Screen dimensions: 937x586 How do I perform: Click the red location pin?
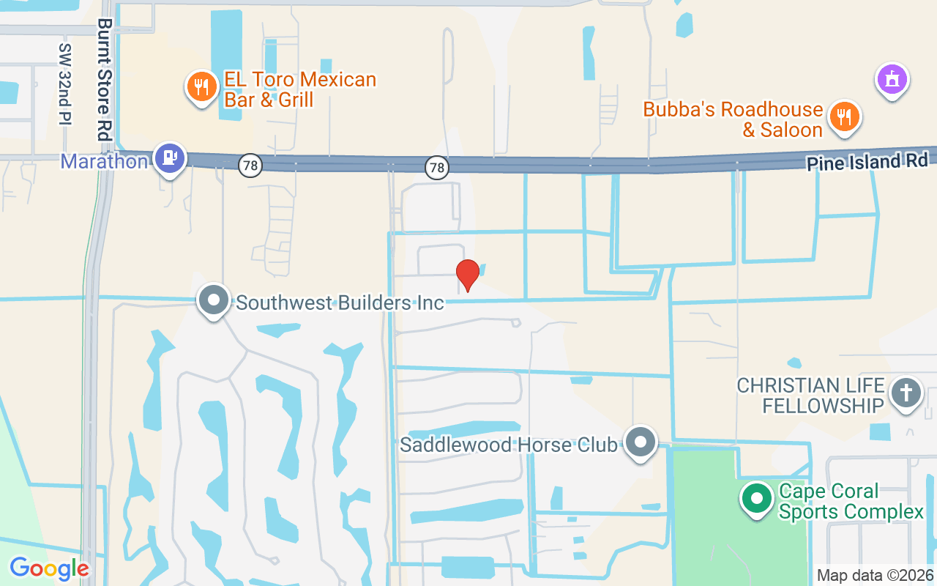pos(467,275)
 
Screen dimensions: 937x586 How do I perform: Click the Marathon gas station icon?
pos(171,157)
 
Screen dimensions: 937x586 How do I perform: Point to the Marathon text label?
pos(105,161)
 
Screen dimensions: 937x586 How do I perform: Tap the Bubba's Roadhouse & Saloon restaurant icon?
pos(844,116)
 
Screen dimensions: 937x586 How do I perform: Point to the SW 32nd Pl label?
pos(65,84)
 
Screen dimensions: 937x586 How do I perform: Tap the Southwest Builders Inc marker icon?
pos(214,300)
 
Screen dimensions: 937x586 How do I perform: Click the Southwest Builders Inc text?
pos(340,302)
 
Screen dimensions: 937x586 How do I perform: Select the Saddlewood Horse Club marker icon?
pos(642,442)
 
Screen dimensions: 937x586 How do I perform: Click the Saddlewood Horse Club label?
pos(508,445)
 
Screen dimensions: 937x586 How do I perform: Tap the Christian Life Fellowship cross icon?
pos(906,393)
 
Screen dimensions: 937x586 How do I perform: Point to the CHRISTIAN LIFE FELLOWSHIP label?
pos(810,396)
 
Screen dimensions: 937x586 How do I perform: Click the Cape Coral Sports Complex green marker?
pos(757,499)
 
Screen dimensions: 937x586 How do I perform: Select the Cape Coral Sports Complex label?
pos(851,501)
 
